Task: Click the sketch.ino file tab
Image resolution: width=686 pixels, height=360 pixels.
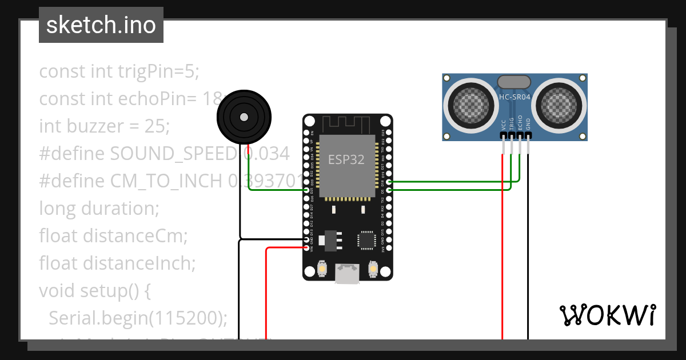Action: click(101, 25)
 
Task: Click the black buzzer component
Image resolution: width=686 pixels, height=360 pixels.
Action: click(244, 117)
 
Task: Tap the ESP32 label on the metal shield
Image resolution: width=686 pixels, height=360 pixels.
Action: click(346, 159)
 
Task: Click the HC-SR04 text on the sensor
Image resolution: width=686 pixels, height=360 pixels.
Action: click(515, 97)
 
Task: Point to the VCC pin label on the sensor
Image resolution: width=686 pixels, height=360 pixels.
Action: click(503, 124)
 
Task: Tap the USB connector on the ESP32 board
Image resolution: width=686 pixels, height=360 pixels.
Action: click(348, 274)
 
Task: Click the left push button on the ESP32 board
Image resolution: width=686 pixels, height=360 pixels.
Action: click(322, 269)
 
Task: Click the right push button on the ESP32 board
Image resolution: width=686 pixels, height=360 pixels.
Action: click(373, 269)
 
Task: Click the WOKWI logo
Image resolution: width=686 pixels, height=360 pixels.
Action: click(607, 315)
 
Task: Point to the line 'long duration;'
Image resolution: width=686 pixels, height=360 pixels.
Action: click(99, 209)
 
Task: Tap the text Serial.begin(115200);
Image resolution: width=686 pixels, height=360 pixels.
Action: click(138, 317)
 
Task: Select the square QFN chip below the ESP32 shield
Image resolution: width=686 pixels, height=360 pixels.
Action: click(366, 240)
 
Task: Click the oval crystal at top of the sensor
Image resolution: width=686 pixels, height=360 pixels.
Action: click(515, 82)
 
